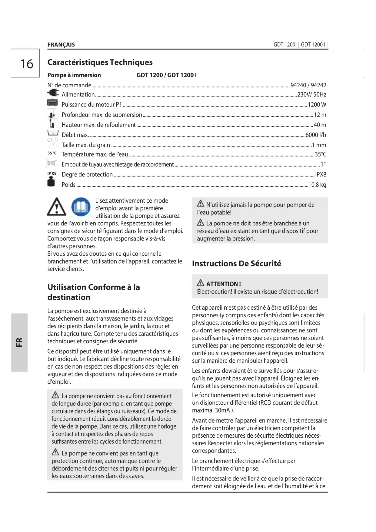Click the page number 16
[x=27, y=64]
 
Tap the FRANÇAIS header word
[x=61, y=45]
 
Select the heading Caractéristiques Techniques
[x=100, y=62]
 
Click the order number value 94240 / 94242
[x=308, y=85]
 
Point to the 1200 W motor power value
[x=317, y=105]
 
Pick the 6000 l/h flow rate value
[x=316, y=135]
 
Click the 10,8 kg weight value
[x=317, y=185]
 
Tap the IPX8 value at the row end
[x=321, y=174]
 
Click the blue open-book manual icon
[x=81, y=207]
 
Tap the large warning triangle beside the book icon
[x=56, y=207]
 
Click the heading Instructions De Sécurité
[x=236, y=263]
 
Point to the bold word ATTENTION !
[x=224, y=284]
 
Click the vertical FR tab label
[x=19, y=342]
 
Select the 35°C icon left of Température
[x=52, y=153]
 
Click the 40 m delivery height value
[x=320, y=125]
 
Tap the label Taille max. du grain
[x=86, y=145]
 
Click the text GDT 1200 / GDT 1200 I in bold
[x=166, y=75]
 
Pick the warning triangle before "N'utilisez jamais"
[x=201, y=203]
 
